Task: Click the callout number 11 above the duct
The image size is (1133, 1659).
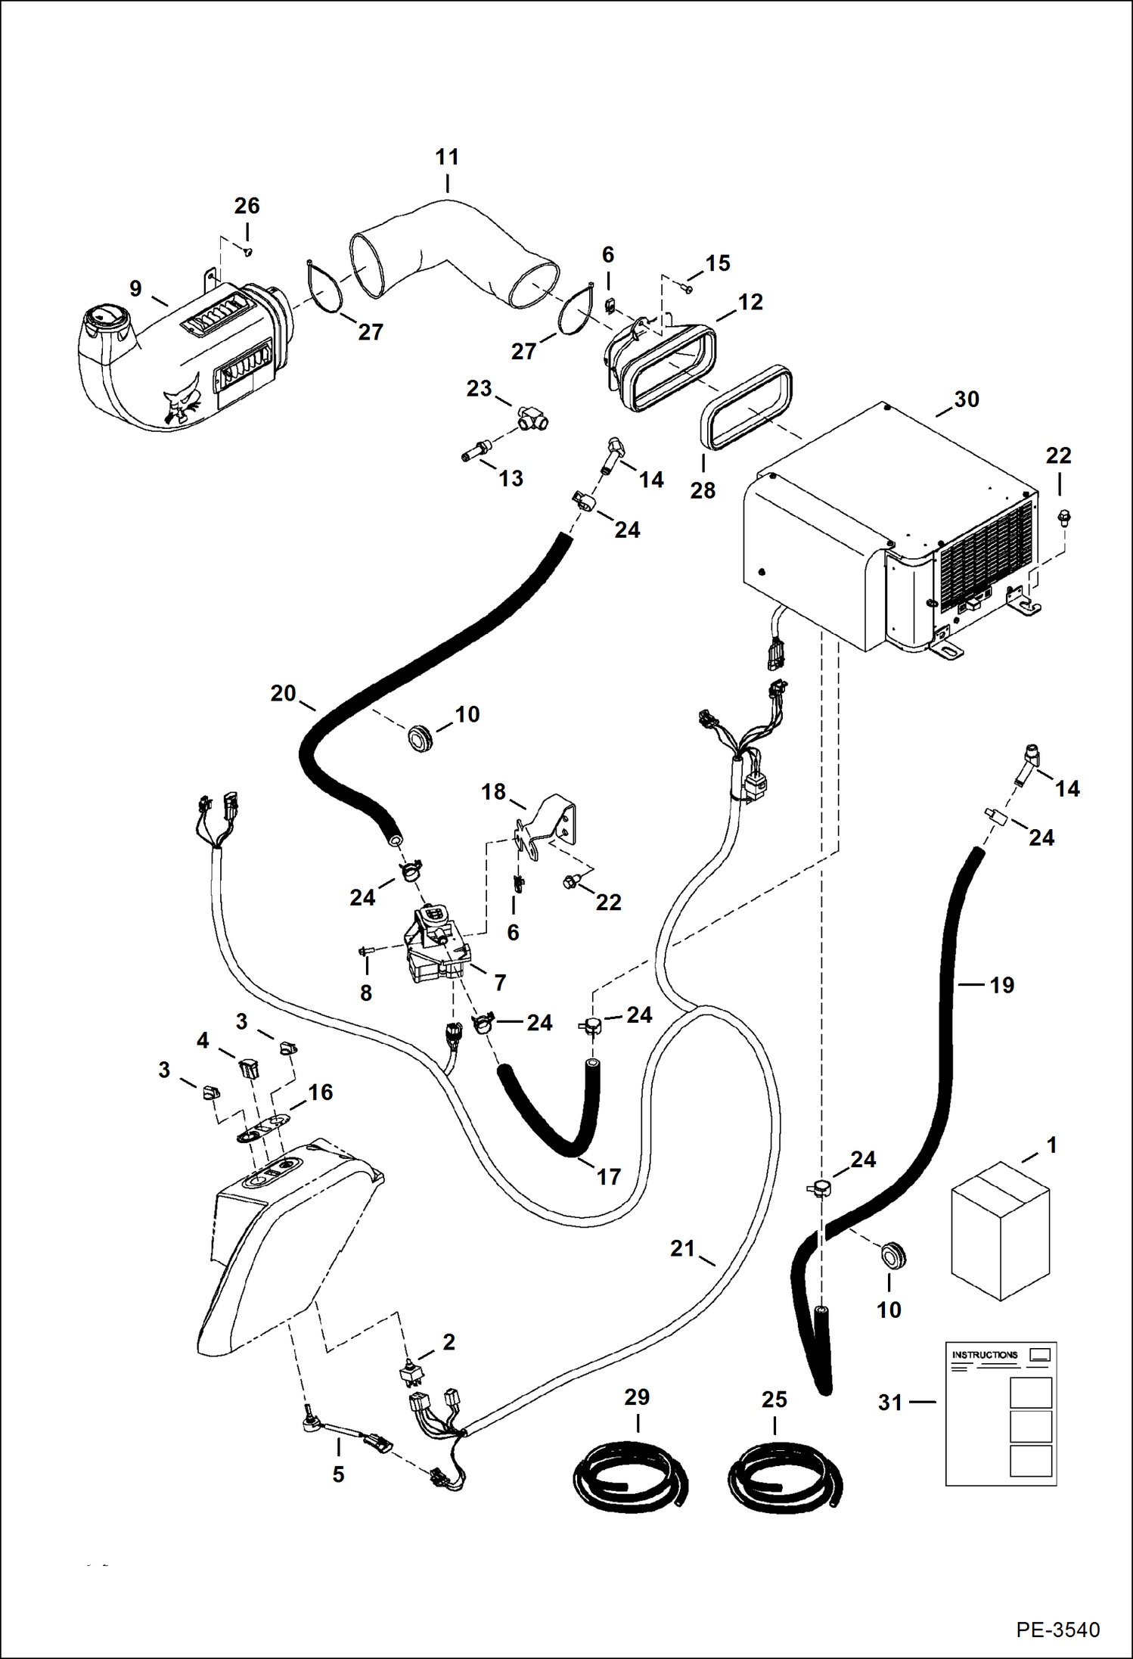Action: [447, 157]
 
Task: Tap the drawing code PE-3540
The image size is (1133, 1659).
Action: [1057, 1629]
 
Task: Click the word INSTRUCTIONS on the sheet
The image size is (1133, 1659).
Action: [984, 1355]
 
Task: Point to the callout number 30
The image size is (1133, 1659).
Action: [967, 399]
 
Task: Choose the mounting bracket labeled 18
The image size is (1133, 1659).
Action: [549, 828]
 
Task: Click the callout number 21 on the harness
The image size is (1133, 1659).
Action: [682, 1248]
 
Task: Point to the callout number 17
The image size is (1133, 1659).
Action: [609, 1176]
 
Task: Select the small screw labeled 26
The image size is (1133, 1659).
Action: [248, 250]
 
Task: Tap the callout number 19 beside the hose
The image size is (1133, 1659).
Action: [1001, 985]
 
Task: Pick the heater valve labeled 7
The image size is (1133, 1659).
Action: [431, 946]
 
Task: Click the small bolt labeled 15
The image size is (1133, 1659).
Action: [688, 288]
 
